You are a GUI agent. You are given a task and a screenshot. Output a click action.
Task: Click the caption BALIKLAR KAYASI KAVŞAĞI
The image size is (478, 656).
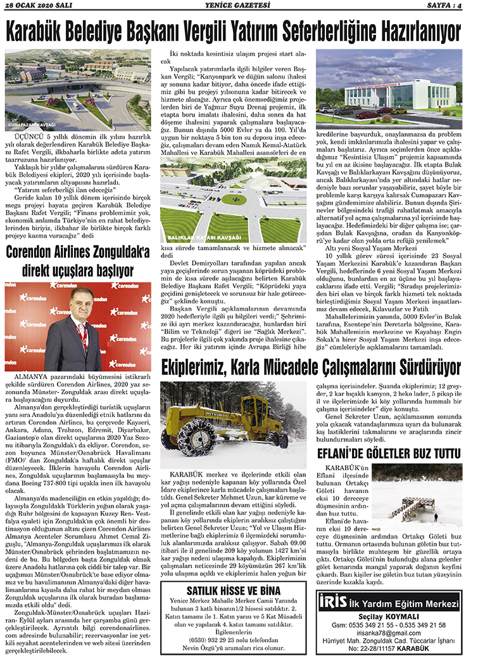click(193, 236)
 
